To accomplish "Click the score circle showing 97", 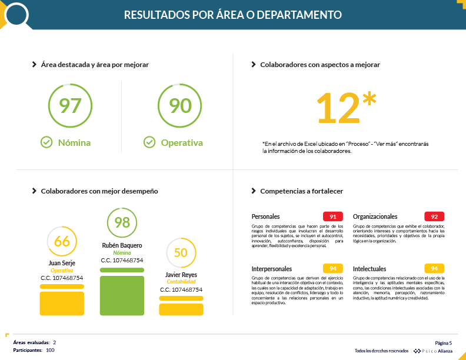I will pos(71,106).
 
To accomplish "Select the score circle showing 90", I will pos(181,106).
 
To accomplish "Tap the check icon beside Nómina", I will pos(46,142).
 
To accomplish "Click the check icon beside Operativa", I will pos(149,142).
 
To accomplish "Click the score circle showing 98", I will pos(122,222).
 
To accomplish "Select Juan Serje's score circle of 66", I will pos(62,241).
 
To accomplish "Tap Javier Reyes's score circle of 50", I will pos(181,253).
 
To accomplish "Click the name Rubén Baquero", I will pos(122,245).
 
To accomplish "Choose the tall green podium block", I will pos(122,295).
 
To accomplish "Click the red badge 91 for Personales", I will pos(333,216).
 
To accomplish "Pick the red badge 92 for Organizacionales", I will pos(434,216).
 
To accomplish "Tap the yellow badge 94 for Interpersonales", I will pos(333,269).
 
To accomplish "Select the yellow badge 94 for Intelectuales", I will pos(434,269).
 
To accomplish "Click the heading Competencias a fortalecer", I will pos(301,191).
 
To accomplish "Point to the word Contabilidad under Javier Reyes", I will pos(181,282).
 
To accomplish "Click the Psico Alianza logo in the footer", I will pos(433,351).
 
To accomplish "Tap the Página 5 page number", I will pos(443,343).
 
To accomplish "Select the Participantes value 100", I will pos(50,350).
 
